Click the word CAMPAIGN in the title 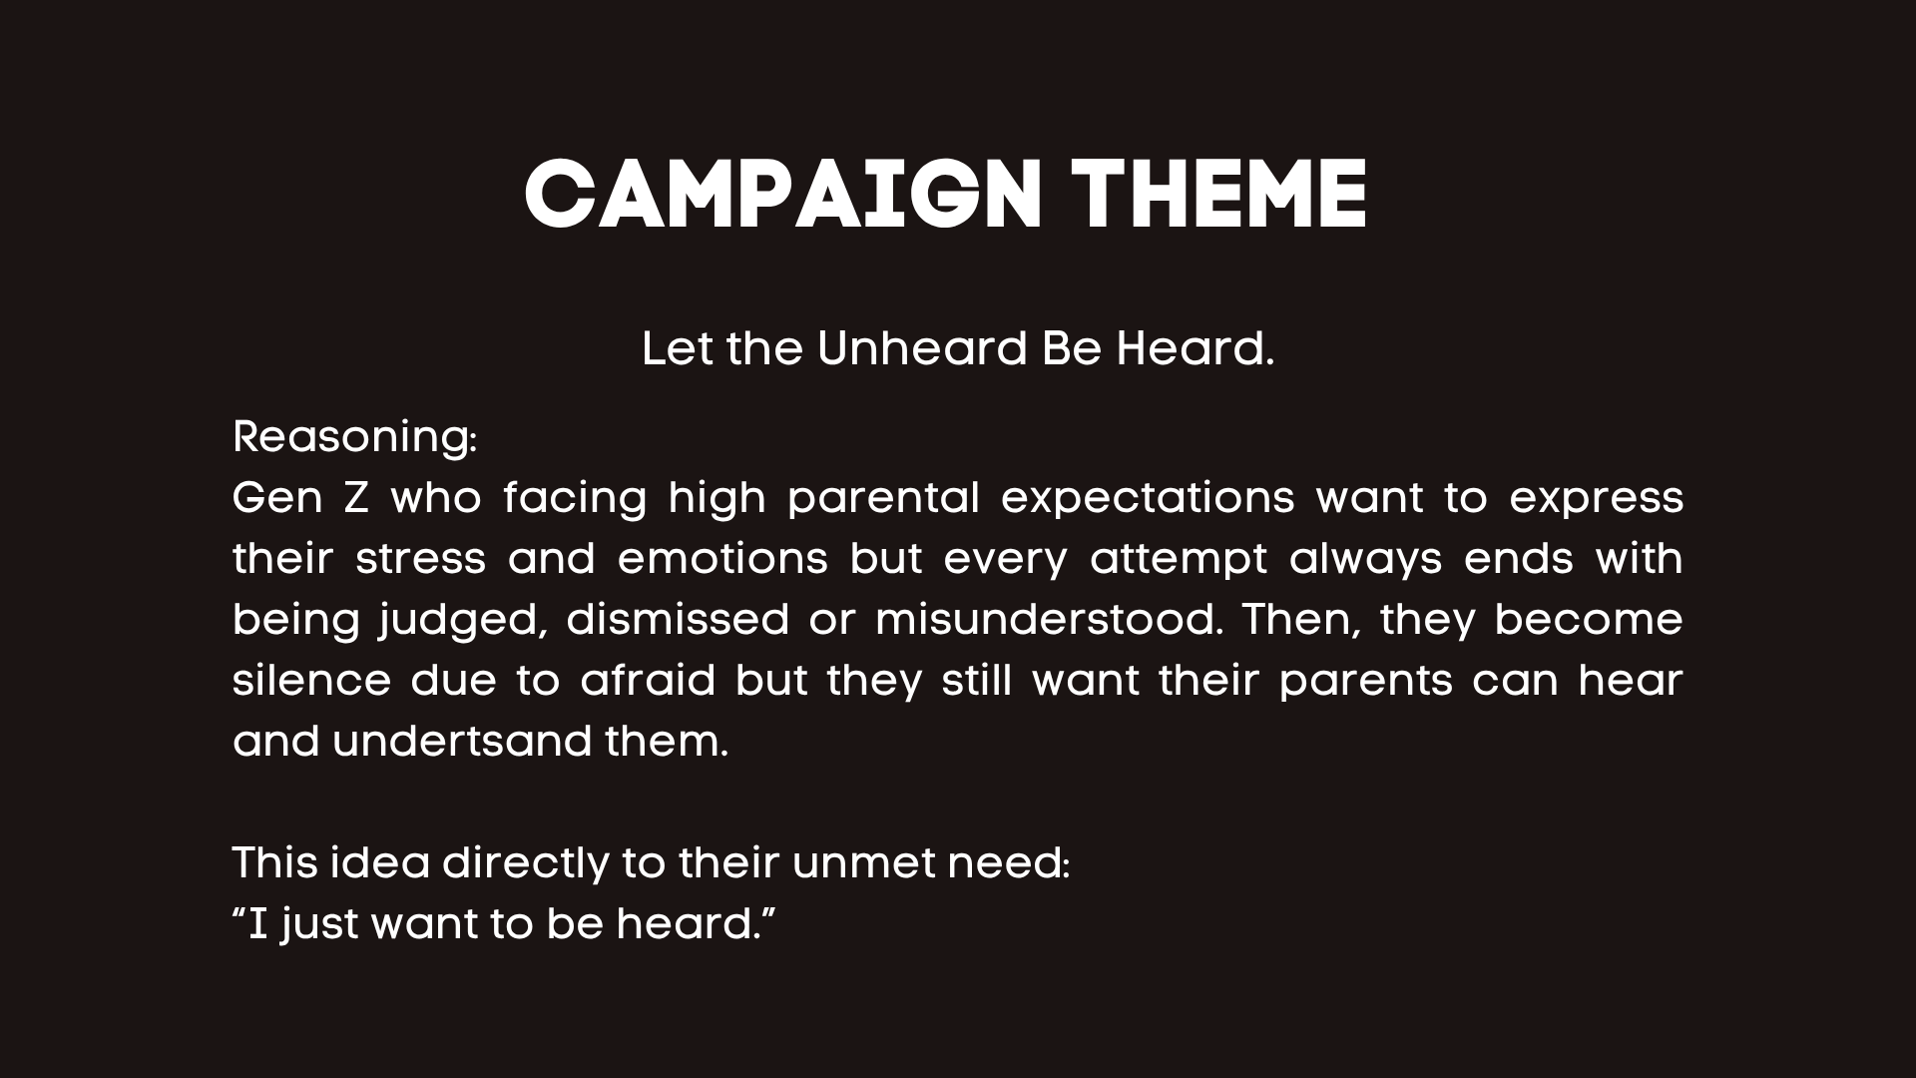[783, 195]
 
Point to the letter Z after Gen [356, 497]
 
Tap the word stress [420, 559]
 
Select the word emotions [722, 559]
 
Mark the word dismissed [678, 620]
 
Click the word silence [311, 681]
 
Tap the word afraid [649, 681]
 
